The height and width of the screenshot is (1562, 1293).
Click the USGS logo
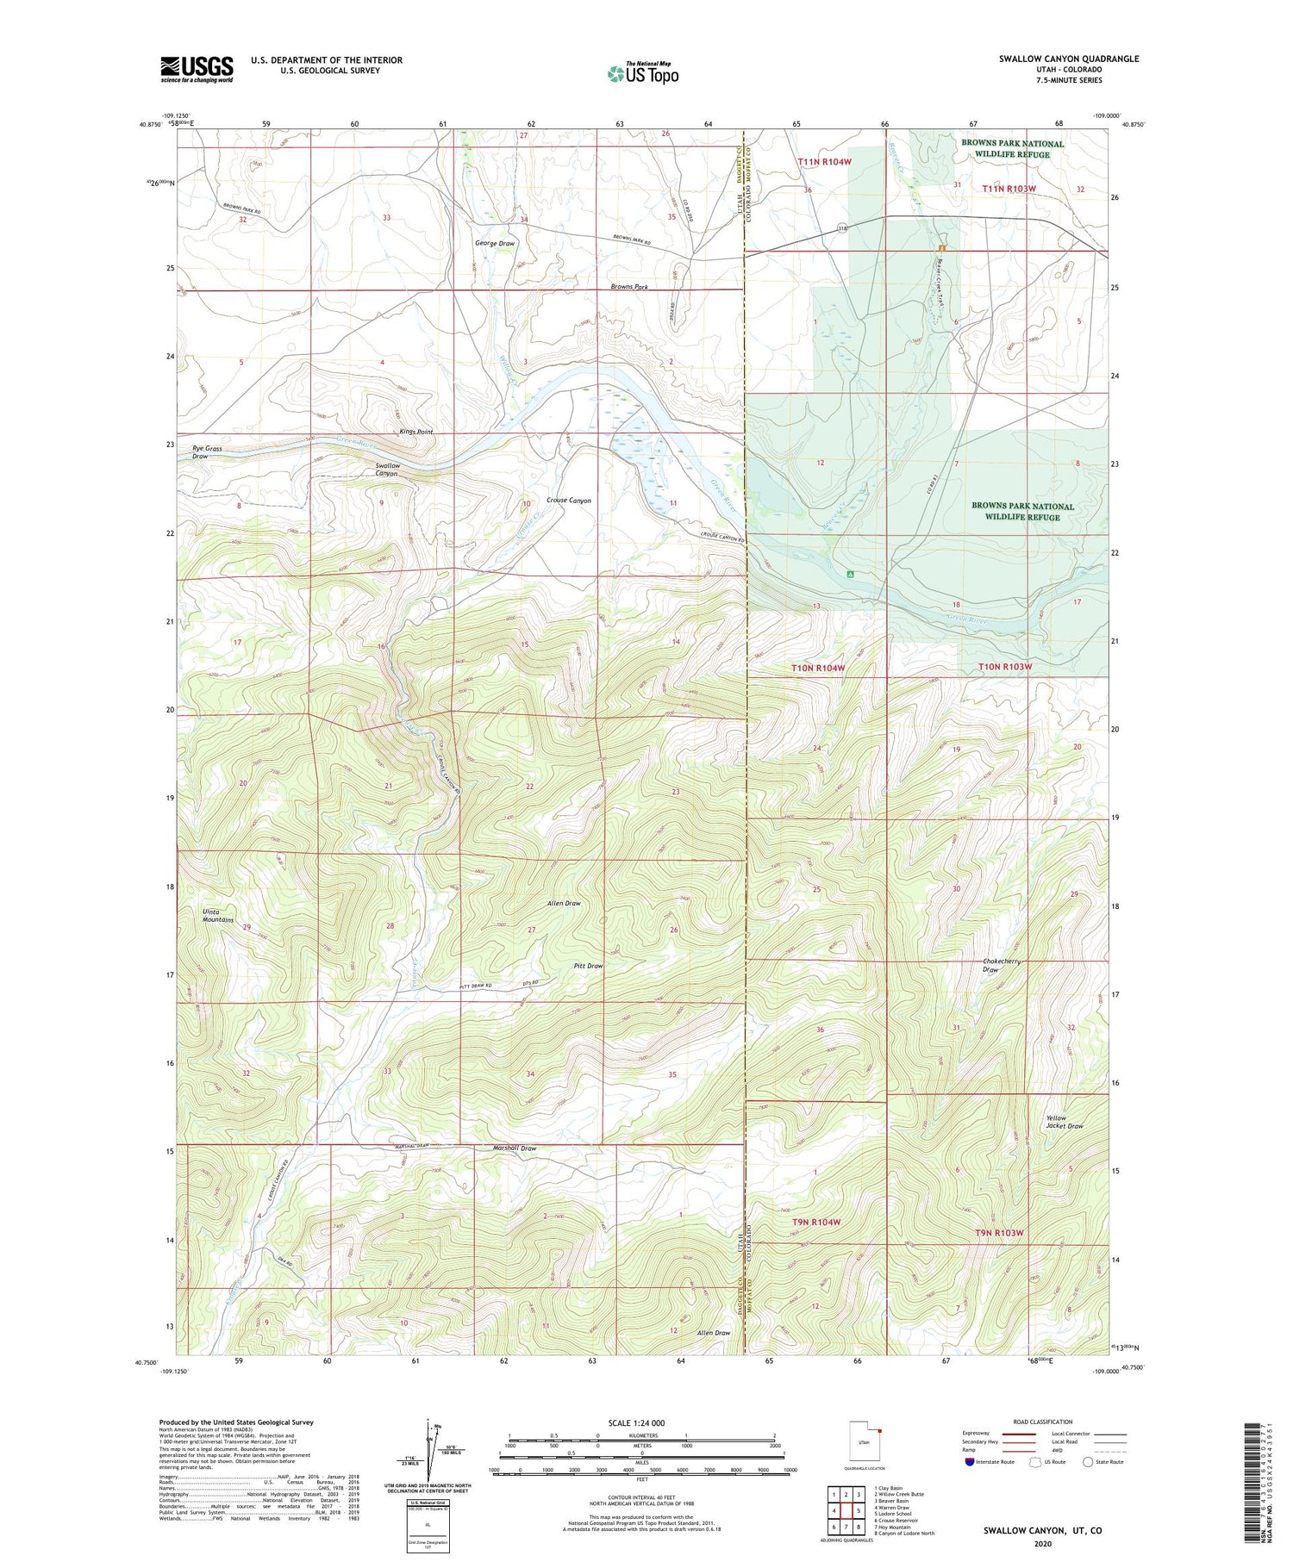pos(197,69)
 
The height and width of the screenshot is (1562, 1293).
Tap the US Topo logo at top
pos(643,73)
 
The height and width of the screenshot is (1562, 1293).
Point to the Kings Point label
pos(415,432)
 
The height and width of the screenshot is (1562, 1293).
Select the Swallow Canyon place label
pos(387,470)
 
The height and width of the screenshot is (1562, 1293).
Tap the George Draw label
pos(495,244)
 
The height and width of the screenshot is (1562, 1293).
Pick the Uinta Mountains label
pos(218,916)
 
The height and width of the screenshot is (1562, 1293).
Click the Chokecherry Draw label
pos(1001,965)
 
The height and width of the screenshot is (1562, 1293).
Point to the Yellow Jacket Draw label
pos(1064,1122)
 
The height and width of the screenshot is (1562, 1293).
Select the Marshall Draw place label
pos(515,1148)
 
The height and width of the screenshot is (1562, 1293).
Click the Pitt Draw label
pos(589,966)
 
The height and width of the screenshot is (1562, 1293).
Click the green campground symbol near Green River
pos(850,573)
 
